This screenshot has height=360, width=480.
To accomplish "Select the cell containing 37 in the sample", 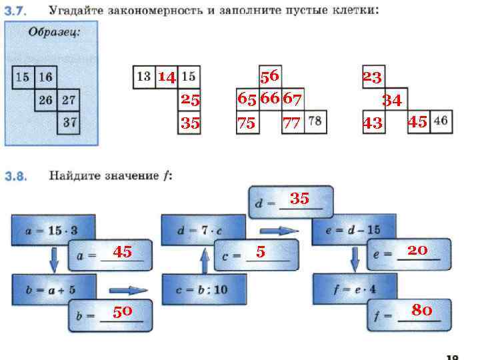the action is (x=68, y=123).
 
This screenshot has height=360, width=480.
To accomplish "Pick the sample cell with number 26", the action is (x=45, y=100).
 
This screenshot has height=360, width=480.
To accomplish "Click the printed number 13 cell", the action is (x=144, y=77).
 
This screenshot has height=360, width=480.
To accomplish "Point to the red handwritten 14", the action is (x=167, y=77).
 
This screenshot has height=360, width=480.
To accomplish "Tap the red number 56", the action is (x=270, y=76).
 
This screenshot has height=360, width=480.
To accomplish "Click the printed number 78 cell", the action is (x=316, y=122).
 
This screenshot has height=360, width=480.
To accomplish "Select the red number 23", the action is (x=371, y=77).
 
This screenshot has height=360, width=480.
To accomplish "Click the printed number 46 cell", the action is (x=441, y=122).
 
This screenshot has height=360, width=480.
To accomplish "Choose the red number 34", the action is (x=391, y=101).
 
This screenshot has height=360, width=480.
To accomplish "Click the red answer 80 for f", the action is (x=421, y=310).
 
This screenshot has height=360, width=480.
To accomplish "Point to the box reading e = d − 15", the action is (x=355, y=230).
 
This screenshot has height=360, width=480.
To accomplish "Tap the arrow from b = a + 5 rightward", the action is (x=128, y=291).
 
